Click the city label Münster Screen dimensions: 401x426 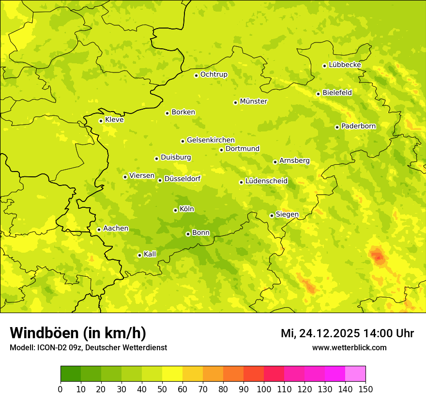[253, 101]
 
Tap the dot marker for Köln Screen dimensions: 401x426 [175, 210]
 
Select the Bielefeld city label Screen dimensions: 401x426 [337, 92]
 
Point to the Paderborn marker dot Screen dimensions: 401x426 [337, 127]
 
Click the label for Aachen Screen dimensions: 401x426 [116, 229]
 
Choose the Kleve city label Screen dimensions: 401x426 [114, 120]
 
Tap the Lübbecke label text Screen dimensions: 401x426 [345, 65]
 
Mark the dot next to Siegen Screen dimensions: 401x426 [272, 215]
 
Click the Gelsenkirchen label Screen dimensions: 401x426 [211, 140]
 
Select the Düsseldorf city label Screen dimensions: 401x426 [182, 179]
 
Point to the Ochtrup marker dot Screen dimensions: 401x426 [196, 75]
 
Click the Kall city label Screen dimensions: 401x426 [150, 254]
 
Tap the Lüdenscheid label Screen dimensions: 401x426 [266, 181]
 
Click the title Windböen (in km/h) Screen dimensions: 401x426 [78, 333]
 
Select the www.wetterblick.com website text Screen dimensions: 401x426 [349, 347]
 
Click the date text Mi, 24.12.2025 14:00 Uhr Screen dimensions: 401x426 [347, 333]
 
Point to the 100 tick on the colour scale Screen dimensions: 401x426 [264, 389]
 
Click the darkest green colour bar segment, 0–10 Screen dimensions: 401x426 [71, 374]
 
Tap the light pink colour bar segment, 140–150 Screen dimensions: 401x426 [355, 374]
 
